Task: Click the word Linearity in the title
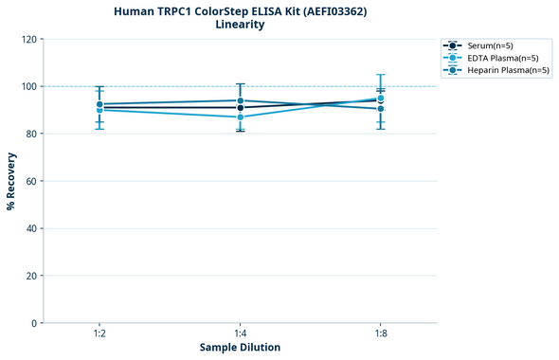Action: tap(240, 25)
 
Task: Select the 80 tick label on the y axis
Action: tap(30, 134)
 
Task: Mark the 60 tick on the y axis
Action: tap(30, 181)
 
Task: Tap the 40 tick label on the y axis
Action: tap(30, 228)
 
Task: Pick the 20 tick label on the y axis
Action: tap(30, 276)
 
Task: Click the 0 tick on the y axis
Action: tap(33, 323)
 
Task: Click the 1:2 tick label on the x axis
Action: tap(99, 334)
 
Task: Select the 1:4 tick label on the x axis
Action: tap(240, 334)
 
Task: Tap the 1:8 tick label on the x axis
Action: tap(381, 334)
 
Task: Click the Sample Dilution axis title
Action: tap(240, 348)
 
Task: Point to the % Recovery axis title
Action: tap(11, 180)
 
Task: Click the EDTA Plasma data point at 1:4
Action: tap(240, 117)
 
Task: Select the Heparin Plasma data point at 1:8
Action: tap(381, 109)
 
